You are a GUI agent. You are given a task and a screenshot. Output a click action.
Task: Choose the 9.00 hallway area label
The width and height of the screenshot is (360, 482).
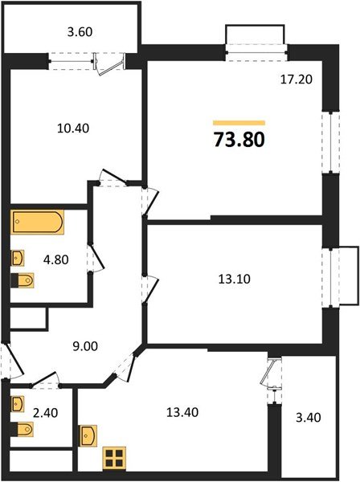click(86, 347)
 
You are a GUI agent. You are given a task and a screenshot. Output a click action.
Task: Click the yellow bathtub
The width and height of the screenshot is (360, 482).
click(39, 222)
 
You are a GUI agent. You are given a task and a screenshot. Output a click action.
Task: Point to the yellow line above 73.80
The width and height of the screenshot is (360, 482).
click(239, 123)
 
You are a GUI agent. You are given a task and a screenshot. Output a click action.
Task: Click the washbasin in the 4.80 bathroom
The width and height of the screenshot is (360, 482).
click(18, 258)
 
